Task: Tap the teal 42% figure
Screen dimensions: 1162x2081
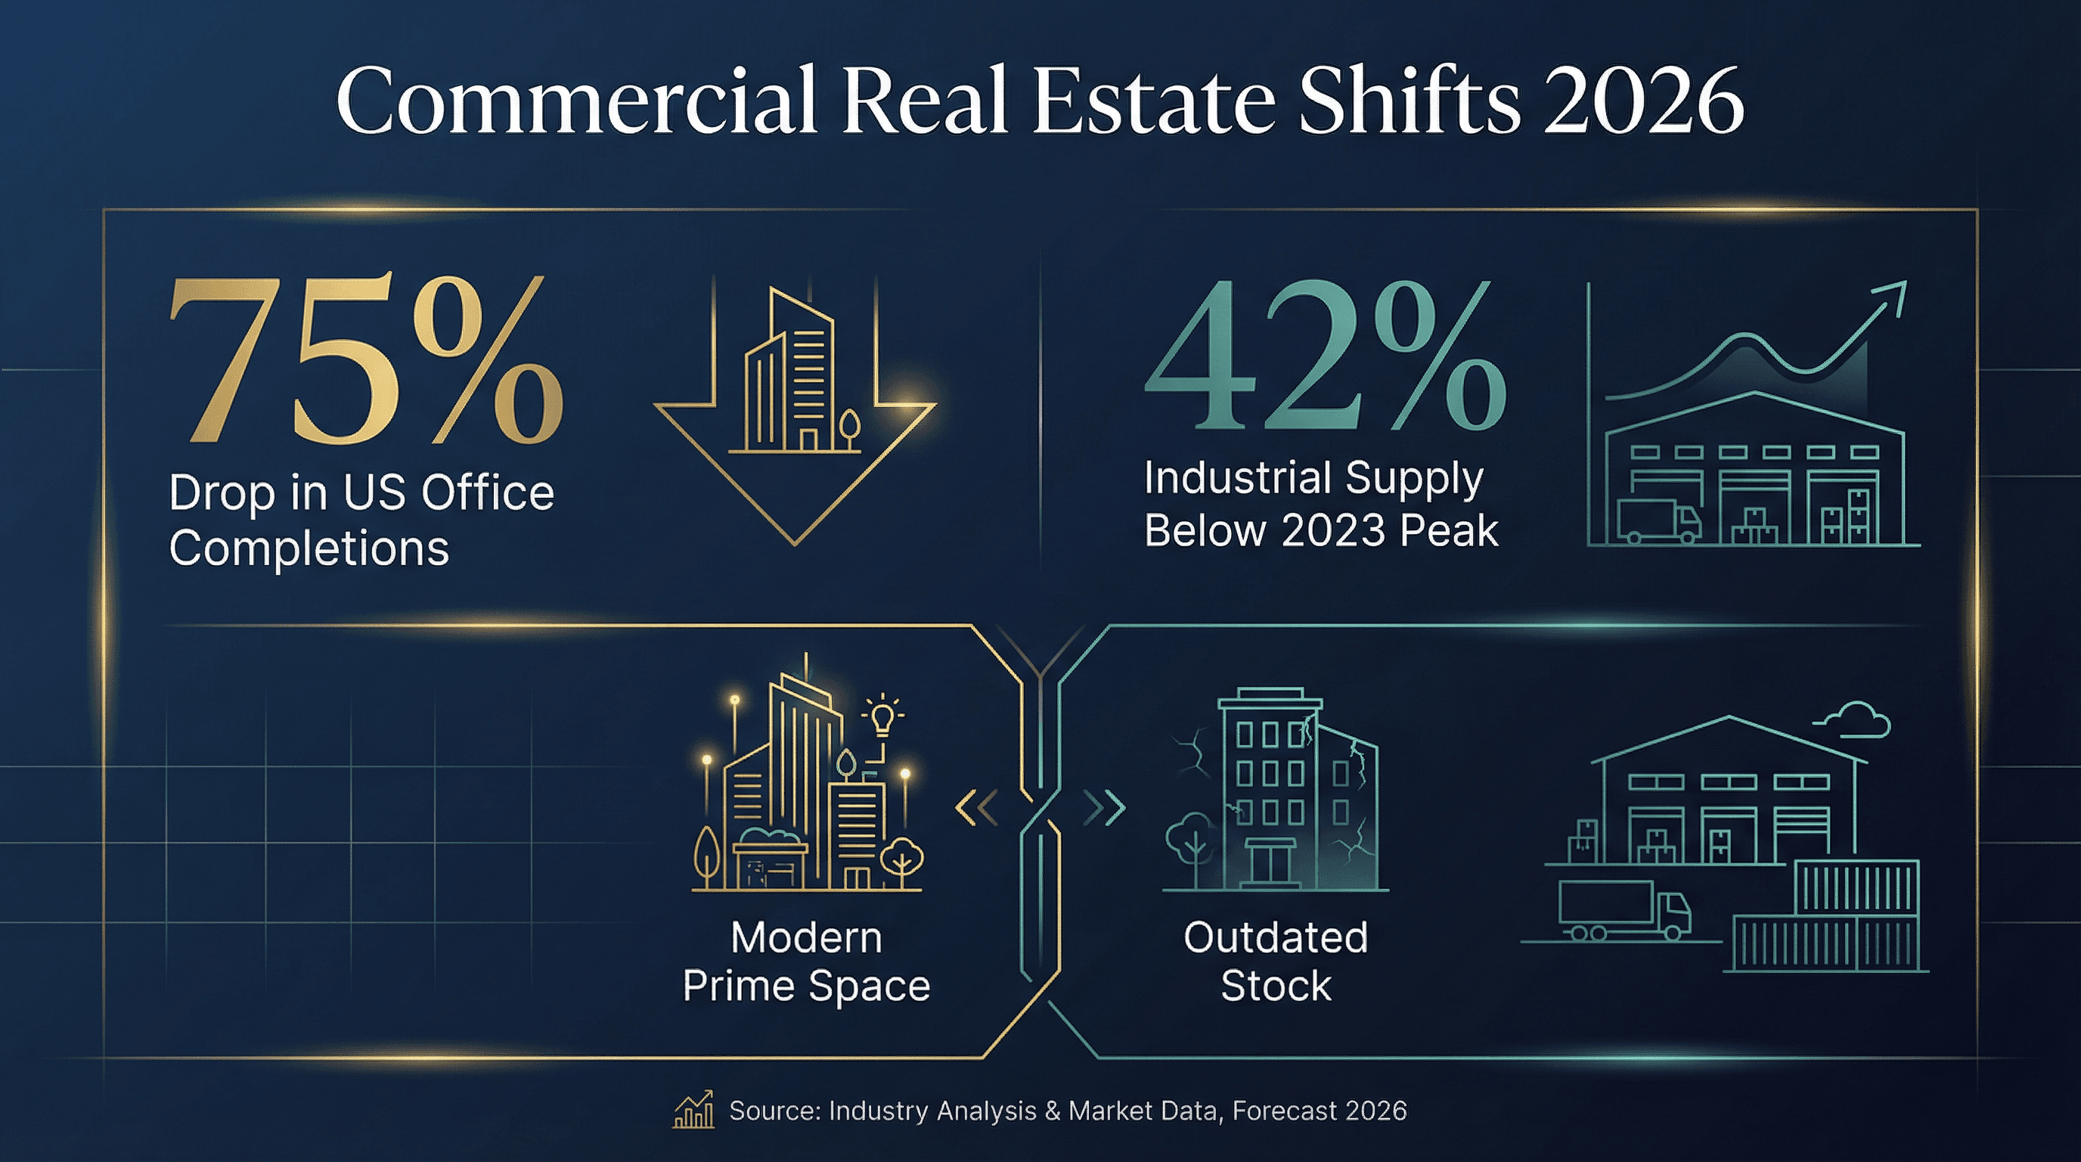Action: click(1325, 357)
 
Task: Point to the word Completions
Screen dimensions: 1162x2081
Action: click(309, 548)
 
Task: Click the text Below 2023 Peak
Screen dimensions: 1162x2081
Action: click(1321, 531)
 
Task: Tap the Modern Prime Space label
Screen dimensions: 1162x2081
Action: click(806, 962)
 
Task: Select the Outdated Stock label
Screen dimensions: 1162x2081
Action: click(1276, 962)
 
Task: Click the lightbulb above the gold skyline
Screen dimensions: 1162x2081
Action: click(882, 716)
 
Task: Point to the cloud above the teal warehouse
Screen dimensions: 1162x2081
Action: click(1856, 721)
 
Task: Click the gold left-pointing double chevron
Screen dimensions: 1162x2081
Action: click(978, 807)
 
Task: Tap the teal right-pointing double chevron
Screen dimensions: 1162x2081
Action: click(1104, 807)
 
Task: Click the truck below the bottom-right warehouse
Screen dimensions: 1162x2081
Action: click(1624, 912)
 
